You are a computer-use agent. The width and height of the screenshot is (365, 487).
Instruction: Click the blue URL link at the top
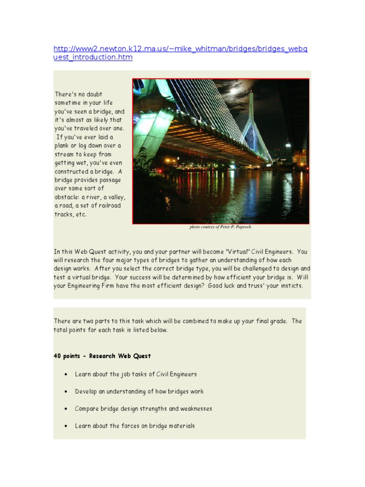[x=181, y=53]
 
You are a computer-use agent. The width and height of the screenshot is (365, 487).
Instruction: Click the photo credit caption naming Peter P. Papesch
[x=220, y=227]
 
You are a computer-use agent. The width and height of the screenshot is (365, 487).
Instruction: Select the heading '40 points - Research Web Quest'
[x=102, y=356]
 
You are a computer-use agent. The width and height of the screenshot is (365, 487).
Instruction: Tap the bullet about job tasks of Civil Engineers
[x=135, y=374]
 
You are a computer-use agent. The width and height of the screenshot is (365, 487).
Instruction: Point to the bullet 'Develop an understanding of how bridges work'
[x=139, y=391]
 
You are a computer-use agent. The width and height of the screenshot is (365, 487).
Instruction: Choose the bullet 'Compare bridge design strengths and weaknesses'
[x=143, y=409]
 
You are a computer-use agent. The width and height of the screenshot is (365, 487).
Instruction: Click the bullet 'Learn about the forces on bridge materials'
[x=134, y=426]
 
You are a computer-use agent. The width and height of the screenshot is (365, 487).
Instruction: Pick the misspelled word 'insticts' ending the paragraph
[x=290, y=286]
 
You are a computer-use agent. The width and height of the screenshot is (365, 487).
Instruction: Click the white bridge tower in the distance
[x=251, y=119]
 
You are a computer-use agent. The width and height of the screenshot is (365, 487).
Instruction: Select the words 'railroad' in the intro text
[x=108, y=205]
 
